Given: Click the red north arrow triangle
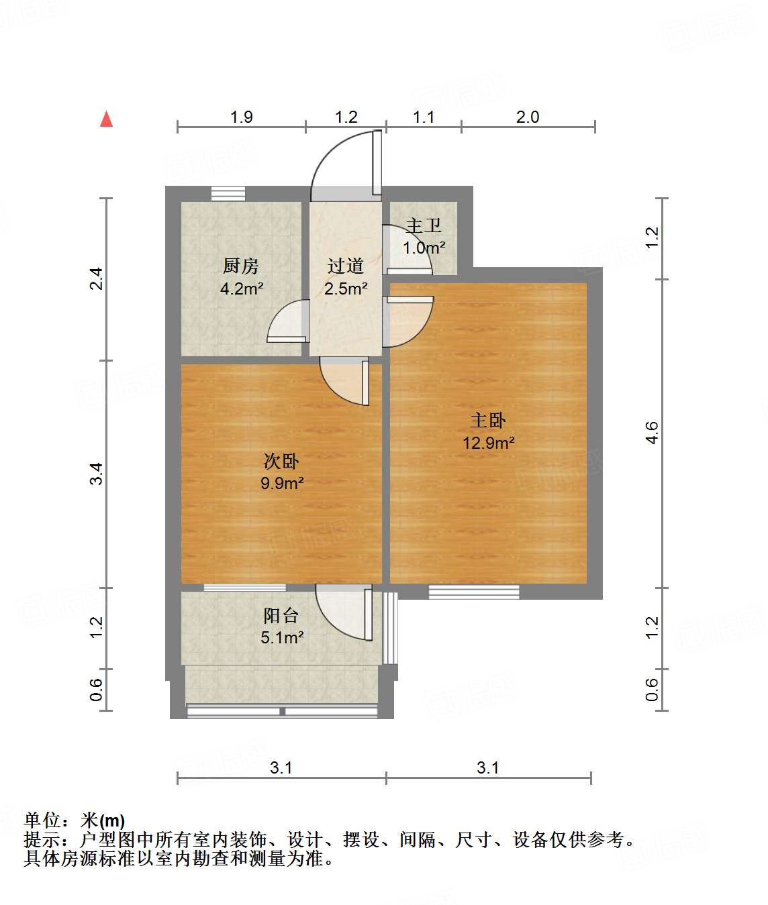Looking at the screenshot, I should click(x=106, y=119).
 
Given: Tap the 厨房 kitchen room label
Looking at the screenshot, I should click(x=241, y=266).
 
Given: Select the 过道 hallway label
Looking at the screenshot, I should click(x=345, y=266).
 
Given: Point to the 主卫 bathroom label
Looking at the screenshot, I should click(x=424, y=226).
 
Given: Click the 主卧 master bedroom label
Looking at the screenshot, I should click(x=488, y=421).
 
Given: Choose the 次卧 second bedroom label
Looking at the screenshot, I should click(x=281, y=461).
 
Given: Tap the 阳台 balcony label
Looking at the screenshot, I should click(x=281, y=615).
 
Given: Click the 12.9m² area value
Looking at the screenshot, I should click(x=488, y=443).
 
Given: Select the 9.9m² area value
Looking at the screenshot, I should click(x=282, y=483).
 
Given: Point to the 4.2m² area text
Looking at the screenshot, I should click(x=242, y=289).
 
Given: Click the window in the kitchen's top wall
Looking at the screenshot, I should click(x=228, y=193).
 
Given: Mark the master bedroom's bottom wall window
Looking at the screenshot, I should click(x=474, y=592).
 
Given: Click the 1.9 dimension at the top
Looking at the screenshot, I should click(x=242, y=117).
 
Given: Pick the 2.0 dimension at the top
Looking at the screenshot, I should click(x=528, y=117).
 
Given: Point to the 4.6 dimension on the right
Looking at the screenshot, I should click(x=652, y=433).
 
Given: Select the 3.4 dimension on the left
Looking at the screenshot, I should click(x=97, y=474).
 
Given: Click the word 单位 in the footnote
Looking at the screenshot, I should click(x=42, y=820).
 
